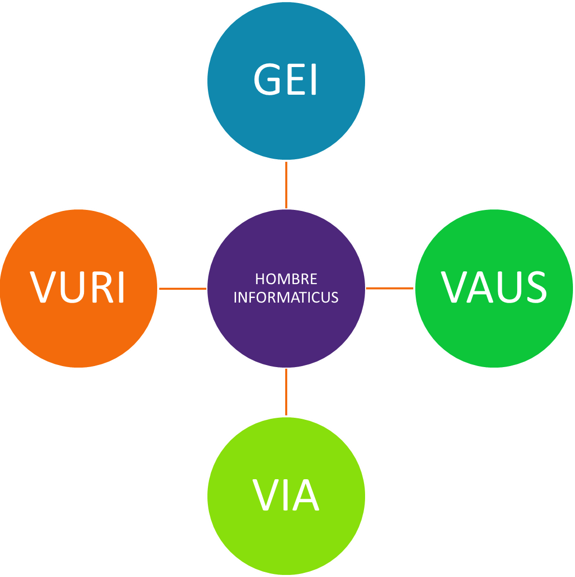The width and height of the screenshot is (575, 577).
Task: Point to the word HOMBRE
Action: tap(286, 279)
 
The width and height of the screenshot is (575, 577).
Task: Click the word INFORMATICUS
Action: tap(286, 297)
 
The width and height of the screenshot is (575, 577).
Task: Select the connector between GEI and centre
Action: tap(286, 184)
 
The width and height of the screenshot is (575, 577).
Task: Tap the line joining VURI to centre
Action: tap(182, 289)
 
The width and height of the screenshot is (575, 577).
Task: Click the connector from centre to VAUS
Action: tap(390, 289)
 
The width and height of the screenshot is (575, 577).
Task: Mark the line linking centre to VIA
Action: tap(286, 392)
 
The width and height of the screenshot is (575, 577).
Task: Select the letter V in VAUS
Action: tap(455, 287)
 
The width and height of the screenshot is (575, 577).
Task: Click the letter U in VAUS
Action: tap(506, 287)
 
